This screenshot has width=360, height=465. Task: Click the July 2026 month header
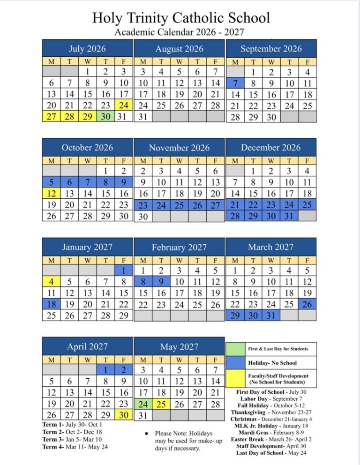coord(87,49)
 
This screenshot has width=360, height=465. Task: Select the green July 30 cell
coord(105,117)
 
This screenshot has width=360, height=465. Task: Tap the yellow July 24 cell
coord(123,105)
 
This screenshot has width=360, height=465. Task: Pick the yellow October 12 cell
coord(52,193)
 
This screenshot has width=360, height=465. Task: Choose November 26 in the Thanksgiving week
coord(197,205)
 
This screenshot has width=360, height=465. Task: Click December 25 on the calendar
coord(307,204)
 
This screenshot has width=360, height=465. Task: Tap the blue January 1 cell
coord(123,270)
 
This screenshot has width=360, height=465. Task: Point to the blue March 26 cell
coord(307,304)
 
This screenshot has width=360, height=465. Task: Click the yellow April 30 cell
coord(123,415)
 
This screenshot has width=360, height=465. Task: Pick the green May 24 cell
coord(143,404)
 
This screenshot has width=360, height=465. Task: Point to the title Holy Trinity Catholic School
coord(180,18)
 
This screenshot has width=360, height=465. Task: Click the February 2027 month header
coord(179,247)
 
